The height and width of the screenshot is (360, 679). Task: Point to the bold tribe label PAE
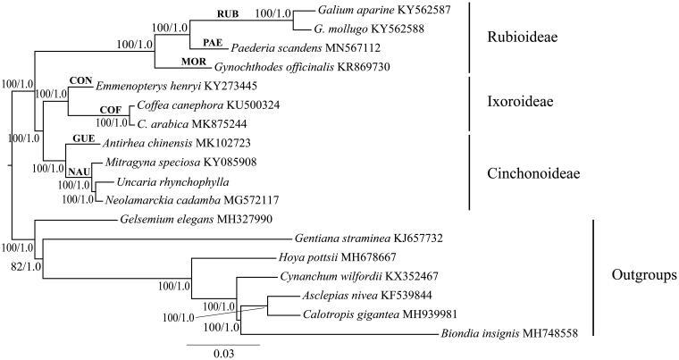point(212,42)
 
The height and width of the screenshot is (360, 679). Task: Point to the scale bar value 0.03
point(223,353)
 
